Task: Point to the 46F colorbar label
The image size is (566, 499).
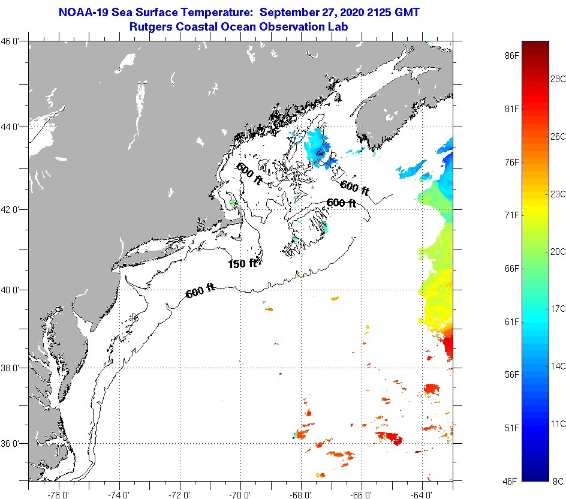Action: [x=511, y=481]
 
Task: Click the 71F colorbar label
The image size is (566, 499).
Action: [x=511, y=215]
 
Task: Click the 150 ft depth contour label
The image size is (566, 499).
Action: [x=242, y=263]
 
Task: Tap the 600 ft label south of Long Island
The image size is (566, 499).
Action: [x=200, y=292]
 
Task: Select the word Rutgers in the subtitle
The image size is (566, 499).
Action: [x=151, y=26]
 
